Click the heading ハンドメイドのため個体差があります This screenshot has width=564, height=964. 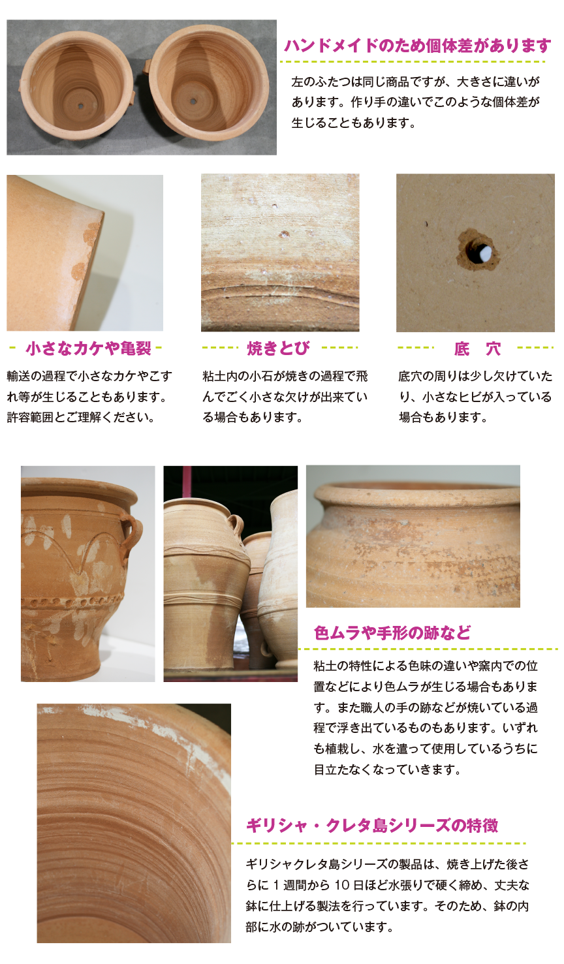[x=417, y=46]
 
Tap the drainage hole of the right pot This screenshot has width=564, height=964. [x=193, y=101]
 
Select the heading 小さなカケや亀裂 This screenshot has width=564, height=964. [x=88, y=349]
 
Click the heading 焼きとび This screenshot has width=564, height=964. [x=279, y=349]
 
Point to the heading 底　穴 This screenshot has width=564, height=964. [x=477, y=349]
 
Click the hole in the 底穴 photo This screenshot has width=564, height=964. [x=478, y=251]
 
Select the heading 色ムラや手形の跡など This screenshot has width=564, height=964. [x=392, y=632]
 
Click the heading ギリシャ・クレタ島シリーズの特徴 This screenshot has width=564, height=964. [x=372, y=826]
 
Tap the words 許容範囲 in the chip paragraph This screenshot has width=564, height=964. [x=30, y=417]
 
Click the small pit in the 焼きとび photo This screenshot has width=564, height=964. [x=284, y=233]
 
